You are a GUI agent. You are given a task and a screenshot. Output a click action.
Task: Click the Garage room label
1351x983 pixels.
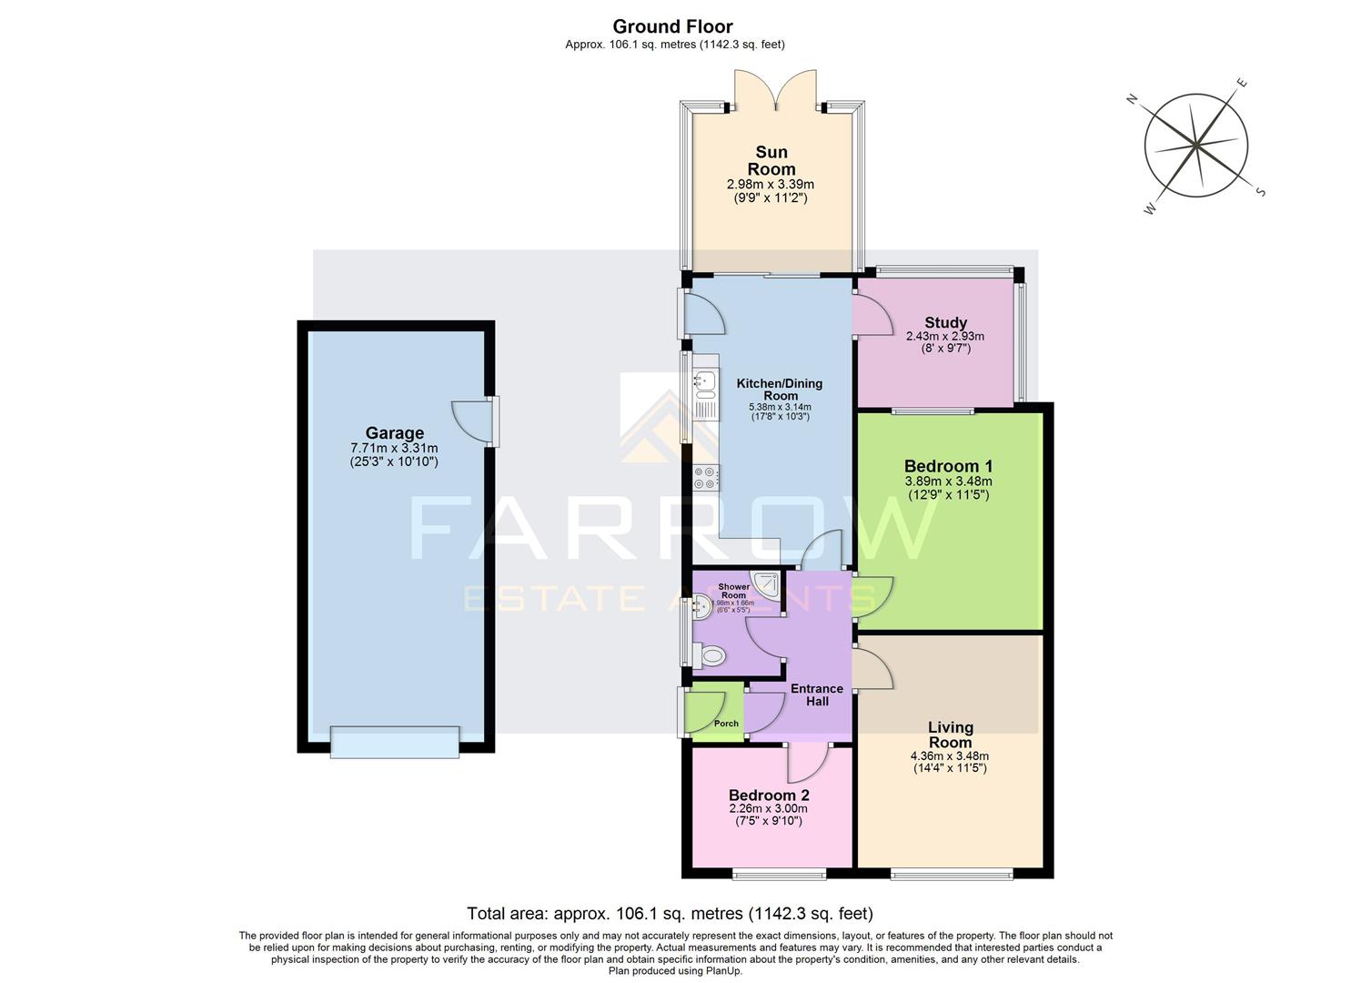pos(394,433)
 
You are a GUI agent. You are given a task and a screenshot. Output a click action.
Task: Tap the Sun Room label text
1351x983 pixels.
pos(771,160)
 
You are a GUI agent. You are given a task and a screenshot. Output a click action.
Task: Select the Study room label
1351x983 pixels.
pos(945,322)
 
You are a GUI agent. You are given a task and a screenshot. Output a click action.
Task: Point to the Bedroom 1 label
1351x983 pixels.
pos(947,466)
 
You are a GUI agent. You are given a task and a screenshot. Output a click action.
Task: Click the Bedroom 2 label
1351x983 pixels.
pos(768,796)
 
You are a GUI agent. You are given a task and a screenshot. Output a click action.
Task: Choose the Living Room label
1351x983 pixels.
pos(950,735)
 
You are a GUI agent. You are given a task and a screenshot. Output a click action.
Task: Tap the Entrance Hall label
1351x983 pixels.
pos(816,694)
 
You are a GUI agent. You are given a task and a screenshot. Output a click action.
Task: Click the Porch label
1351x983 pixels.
pos(726,724)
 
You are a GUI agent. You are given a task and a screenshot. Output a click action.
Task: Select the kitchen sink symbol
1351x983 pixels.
pos(705,385)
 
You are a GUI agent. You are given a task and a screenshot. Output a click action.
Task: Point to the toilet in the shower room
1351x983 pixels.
pos(710,654)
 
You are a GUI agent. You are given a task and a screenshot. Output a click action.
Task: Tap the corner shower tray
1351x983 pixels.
pos(767,584)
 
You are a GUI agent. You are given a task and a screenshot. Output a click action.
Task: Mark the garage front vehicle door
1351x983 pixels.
pos(395,742)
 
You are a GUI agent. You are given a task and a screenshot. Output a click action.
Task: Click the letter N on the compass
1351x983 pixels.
pos(1133,100)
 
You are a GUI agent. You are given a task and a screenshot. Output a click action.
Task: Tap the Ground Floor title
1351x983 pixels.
pos(672,26)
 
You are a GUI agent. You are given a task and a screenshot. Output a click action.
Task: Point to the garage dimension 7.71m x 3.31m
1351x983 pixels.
pos(394,448)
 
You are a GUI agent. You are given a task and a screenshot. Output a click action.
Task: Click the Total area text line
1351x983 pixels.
pos(670,913)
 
